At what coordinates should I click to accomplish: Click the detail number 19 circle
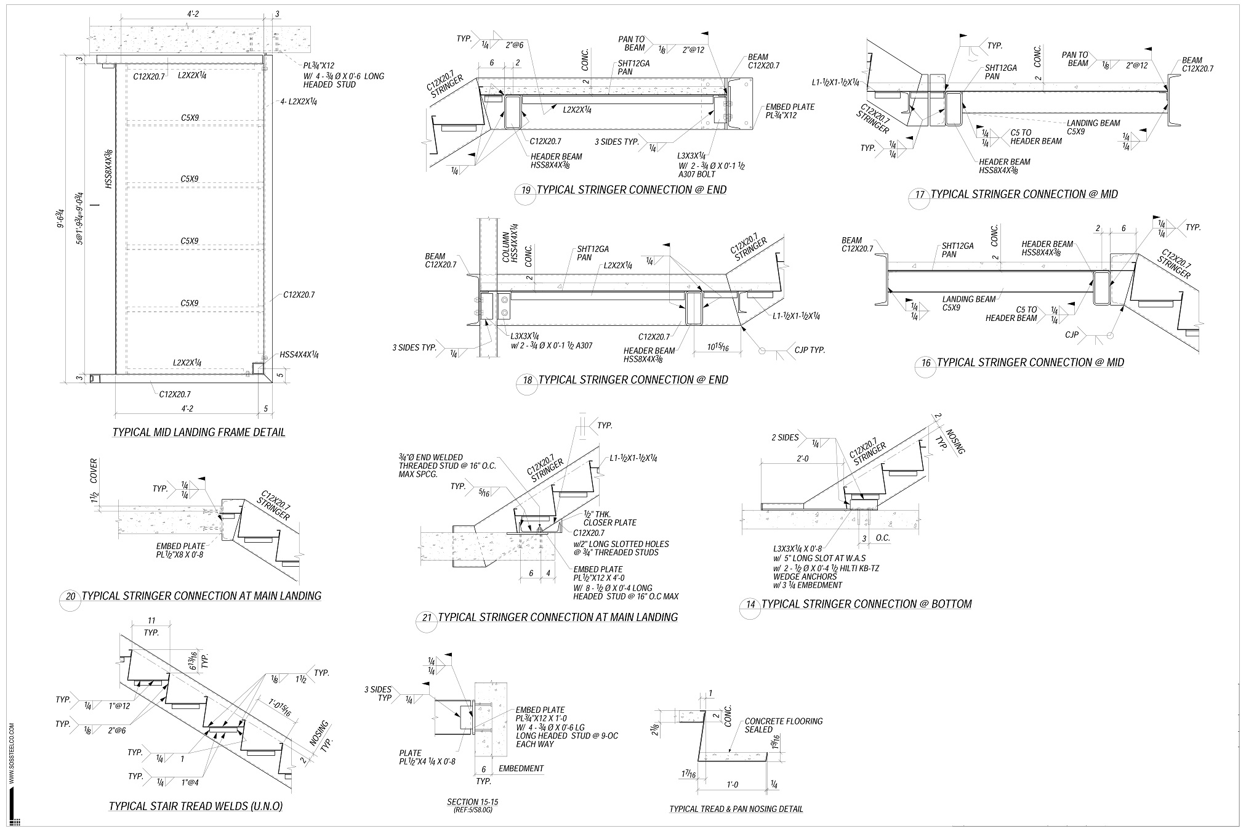coord(526,190)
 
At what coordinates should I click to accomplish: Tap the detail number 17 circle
coord(920,195)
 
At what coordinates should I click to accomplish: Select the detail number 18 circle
coord(528,381)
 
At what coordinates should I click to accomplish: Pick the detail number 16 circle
coord(926,363)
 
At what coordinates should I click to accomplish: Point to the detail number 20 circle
coord(71,596)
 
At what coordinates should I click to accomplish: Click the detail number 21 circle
coord(427,617)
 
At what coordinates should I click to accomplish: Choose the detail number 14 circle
coord(750,605)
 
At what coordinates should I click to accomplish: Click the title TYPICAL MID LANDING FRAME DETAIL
coord(199,432)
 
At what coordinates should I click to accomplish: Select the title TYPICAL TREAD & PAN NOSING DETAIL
coord(736,809)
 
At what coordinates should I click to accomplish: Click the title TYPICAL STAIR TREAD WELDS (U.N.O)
coord(195,806)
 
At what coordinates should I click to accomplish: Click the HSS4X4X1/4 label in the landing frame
coord(299,355)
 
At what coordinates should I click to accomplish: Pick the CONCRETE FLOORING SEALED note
coord(783,725)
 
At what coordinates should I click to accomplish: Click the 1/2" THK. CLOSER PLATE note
coord(610,518)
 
